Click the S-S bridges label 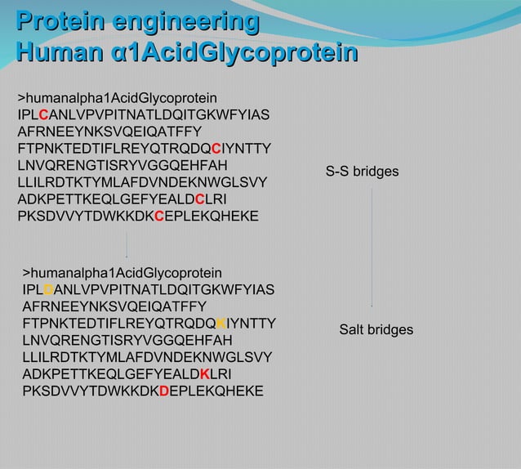point(362,172)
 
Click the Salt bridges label point(376,330)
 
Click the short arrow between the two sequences point(127,245)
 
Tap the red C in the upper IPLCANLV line point(43,114)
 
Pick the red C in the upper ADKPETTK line point(200,199)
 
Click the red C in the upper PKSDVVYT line point(159,217)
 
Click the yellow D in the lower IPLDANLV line point(48,289)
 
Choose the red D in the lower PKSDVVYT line point(164,391)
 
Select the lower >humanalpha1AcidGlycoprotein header point(122,272)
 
